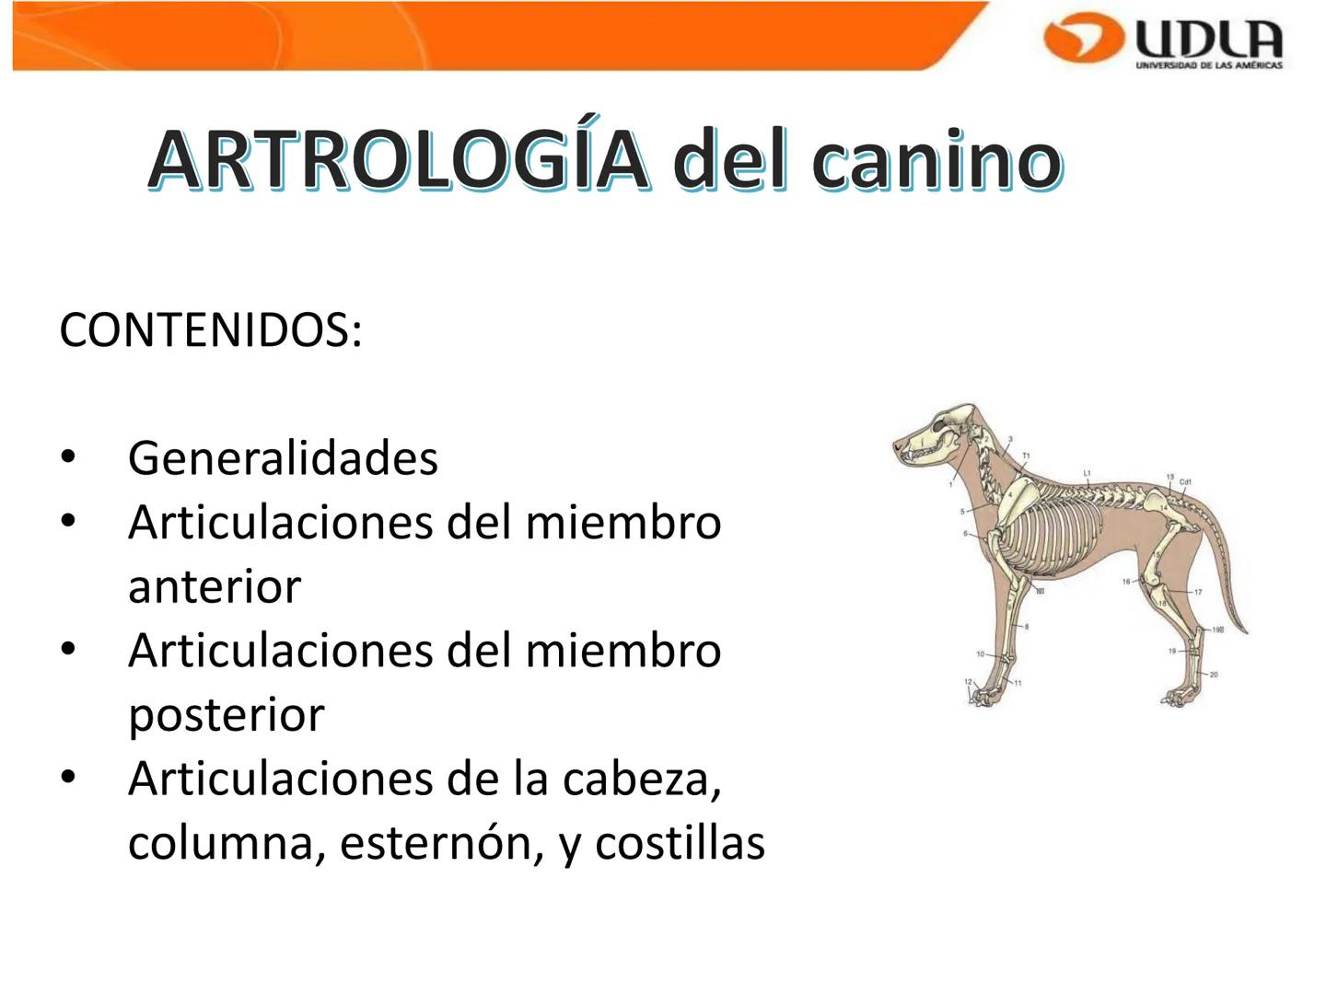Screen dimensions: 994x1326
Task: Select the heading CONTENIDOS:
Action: pyautogui.click(x=211, y=330)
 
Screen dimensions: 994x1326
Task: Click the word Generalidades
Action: pyautogui.click(x=283, y=457)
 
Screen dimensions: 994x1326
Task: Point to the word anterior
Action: pyautogui.click(x=215, y=586)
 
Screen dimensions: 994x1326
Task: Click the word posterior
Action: pyautogui.click(x=227, y=714)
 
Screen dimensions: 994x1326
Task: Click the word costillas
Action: pyautogui.click(x=680, y=843)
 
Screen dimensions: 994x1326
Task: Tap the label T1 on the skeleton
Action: pyautogui.click(x=1026, y=456)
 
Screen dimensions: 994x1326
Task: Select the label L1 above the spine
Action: pyautogui.click(x=1087, y=473)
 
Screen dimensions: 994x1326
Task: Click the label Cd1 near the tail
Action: pyautogui.click(x=1186, y=481)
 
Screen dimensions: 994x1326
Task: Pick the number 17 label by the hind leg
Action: pyautogui.click(x=1198, y=592)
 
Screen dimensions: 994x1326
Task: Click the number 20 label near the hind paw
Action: pyautogui.click(x=1214, y=675)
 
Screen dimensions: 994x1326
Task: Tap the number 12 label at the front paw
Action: pyautogui.click(x=968, y=682)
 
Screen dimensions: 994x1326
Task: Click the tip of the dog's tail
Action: pyautogui.click(x=1245, y=632)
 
